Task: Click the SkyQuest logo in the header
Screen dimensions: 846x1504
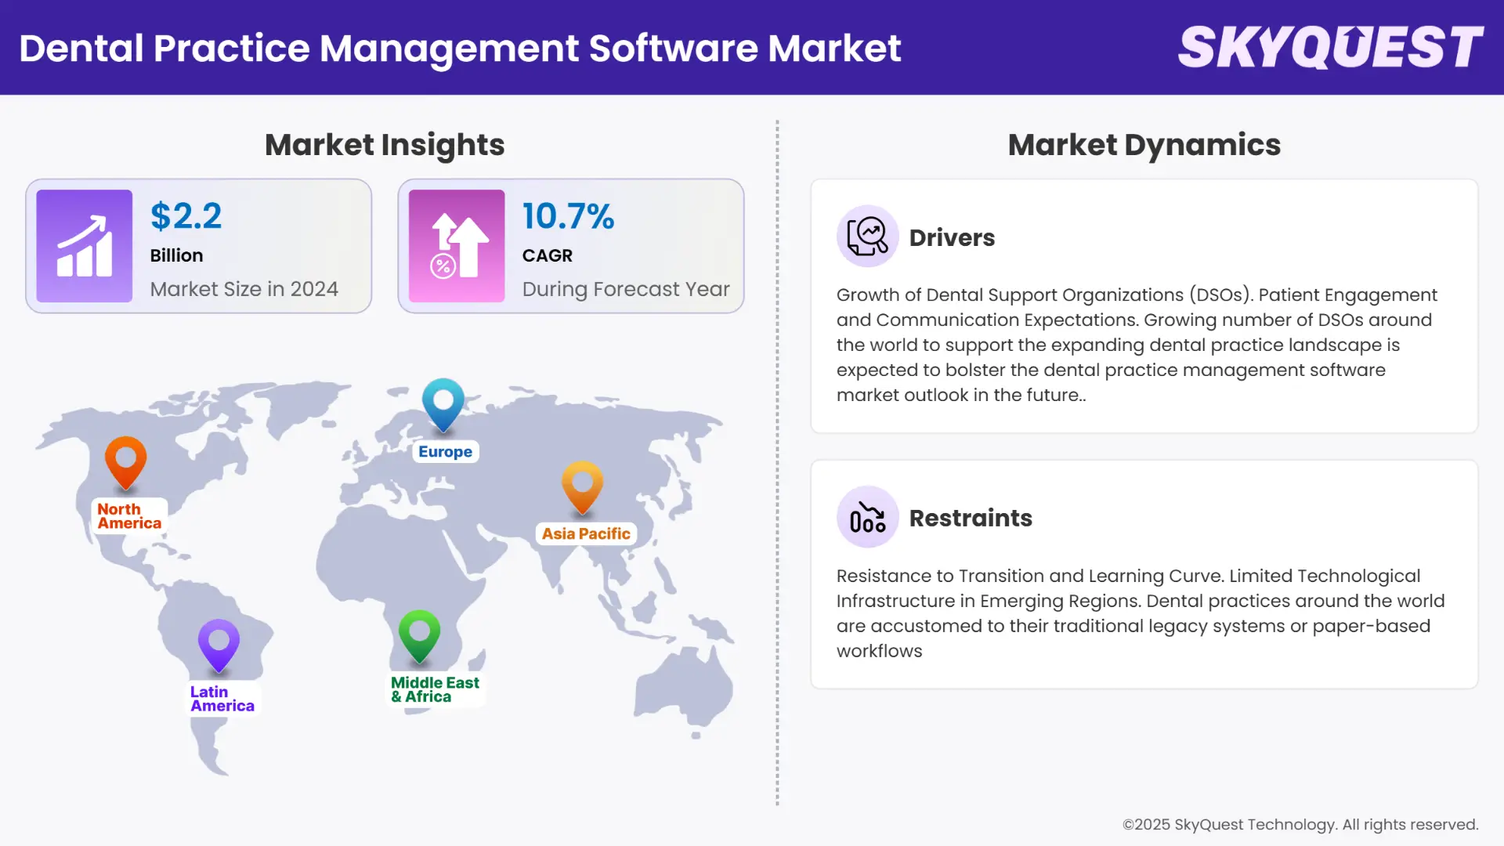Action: (x=1330, y=47)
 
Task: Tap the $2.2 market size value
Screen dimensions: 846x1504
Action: (x=186, y=216)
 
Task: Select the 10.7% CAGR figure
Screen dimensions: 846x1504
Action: (x=568, y=216)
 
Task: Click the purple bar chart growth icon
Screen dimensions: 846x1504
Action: (x=85, y=246)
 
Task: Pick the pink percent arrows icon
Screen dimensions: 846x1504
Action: (x=457, y=246)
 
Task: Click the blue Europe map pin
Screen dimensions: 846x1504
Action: (x=443, y=403)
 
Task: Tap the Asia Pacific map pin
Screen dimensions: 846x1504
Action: (x=582, y=486)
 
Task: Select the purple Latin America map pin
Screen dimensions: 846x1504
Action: (x=219, y=644)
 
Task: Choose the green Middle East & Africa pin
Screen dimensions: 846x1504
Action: (x=419, y=634)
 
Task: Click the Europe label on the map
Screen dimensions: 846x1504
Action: (x=445, y=452)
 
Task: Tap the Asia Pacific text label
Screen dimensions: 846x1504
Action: (x=586, y=534)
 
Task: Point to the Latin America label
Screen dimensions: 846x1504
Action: (x=222, y=699)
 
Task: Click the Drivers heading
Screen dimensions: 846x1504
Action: (x=952, y=238)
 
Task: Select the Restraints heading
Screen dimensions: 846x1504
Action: (x=971, y=519)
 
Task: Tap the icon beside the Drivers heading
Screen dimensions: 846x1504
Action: (x=867, y=237)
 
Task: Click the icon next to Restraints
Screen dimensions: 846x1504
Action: (x=867, y=517)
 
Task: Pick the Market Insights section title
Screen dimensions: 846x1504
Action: (x=385, y=145)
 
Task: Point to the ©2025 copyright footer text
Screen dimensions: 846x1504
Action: (x=1300, y=825)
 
